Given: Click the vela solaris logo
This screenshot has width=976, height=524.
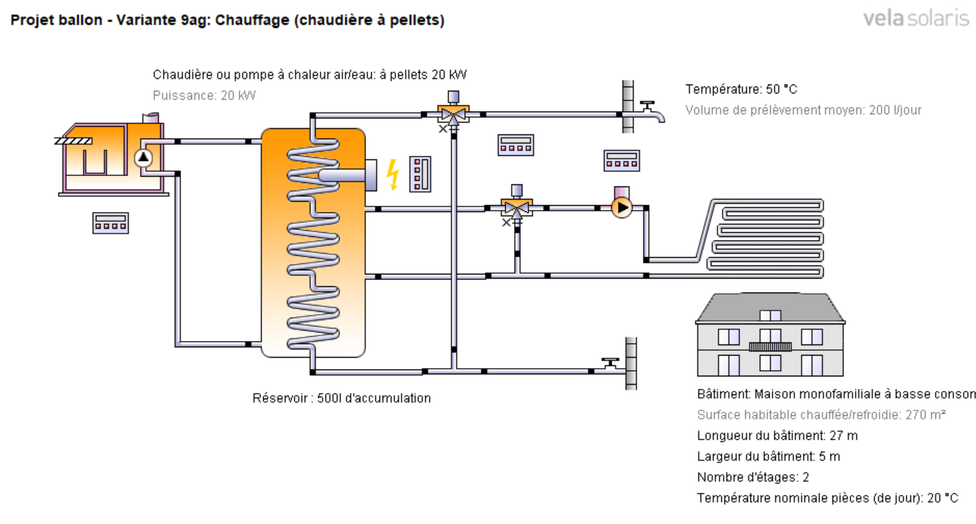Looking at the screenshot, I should [916, 19].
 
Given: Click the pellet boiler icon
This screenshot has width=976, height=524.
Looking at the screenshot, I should [111, 159].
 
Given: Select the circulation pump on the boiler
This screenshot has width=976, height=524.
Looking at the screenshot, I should [143, 158].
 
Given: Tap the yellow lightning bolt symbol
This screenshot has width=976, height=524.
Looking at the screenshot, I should [392, 173].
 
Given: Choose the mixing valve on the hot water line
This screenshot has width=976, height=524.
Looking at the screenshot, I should [454, 112].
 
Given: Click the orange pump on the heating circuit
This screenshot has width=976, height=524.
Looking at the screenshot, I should [621, 206].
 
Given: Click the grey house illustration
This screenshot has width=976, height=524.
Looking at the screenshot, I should [770, 335].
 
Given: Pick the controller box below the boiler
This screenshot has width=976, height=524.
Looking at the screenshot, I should [110, 222].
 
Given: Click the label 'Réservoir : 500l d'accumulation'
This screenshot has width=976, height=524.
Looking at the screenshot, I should [341, 399].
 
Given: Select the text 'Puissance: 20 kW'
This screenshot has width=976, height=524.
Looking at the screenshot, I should [204, 96].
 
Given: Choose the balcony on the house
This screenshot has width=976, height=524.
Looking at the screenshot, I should [770, 345].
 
